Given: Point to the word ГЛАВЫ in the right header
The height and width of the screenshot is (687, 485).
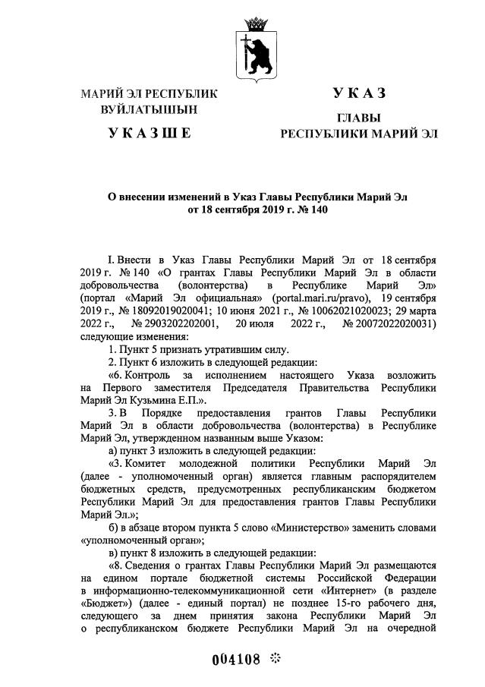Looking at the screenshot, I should (x=359, y=118).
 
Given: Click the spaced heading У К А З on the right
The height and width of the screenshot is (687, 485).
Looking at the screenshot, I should (x=359, y=93).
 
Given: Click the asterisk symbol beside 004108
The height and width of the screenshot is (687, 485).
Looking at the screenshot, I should (x=275, y=657).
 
